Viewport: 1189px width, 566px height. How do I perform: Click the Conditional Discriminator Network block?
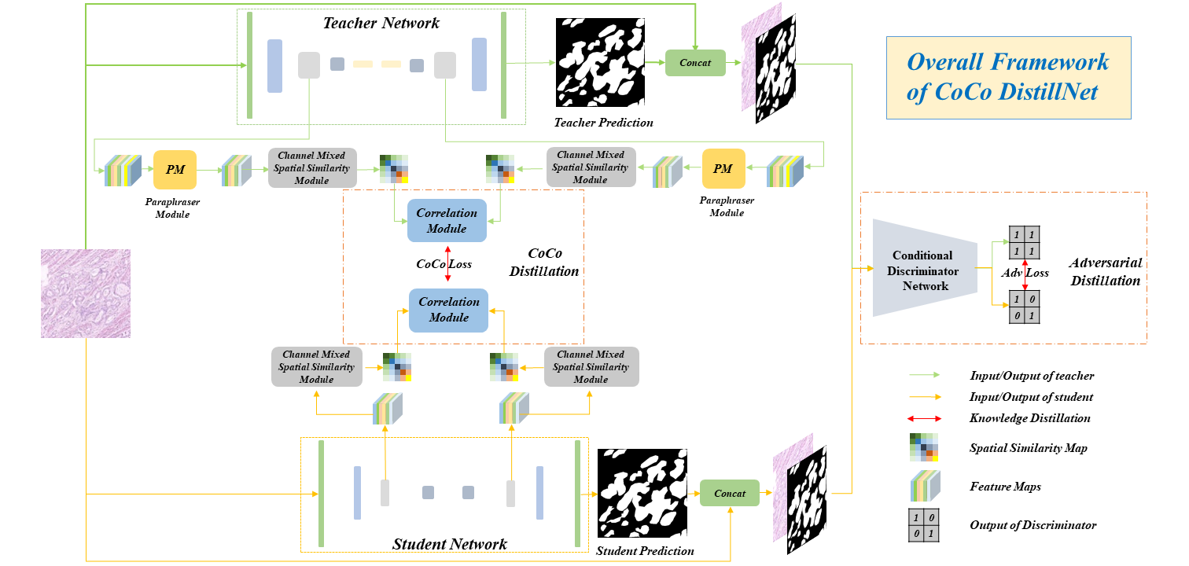pyautogui.click(x=924, y=270)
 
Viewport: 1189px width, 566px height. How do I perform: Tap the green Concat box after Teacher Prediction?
pyautogui.click(x=695, y=63)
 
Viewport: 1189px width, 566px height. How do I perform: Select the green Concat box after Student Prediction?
pyautogui.click(x=729, y=493)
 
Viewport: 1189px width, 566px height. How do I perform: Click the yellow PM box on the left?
pyautogui.click(x=174, y=169)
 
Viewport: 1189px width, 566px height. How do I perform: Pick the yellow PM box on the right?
pyautogui.click(x=723, y=169)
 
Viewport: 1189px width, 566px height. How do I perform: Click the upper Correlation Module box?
pyautogui.click(x=447, y=221)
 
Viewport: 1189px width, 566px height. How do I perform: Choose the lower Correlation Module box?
pyautogui.click(x=448, y=310)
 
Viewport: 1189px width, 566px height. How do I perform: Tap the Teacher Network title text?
pyautogui.click(x=381, y=23)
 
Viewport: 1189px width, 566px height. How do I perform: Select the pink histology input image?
pyautogui.click(x=86, y=293)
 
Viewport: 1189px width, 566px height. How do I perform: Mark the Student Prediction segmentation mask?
pyautogui.click(x=641, y=493)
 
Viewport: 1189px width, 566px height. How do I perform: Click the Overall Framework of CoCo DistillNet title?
pyautogui.click(x=1008, y=77)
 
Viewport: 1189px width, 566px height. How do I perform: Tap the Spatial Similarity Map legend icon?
pyautogui.click(x=923, y=447)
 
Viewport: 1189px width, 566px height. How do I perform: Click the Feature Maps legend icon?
pyautogui.click(x=925, y=487)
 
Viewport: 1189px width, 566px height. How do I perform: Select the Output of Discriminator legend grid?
pyautogui.click(x=923, y=525)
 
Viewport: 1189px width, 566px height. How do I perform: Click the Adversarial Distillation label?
pyautogui.click(x=1105, y=271)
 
